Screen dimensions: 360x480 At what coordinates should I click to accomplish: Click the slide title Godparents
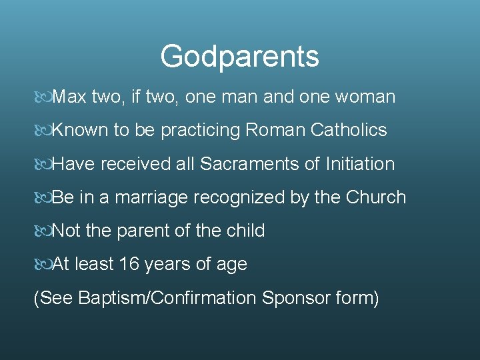[x=239, y=57]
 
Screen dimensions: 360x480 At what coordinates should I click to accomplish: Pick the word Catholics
[x=349, y=131]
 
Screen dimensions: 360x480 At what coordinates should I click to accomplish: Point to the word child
[x=246, y=231]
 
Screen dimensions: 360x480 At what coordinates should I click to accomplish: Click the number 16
[x=129, y=265]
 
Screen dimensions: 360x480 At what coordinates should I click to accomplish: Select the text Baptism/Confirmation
[x=167, y=298]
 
